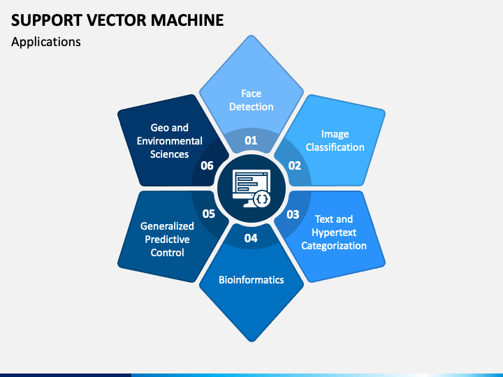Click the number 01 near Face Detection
[x=251, y=140]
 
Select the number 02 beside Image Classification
[x=294, y=165]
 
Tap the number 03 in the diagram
[x=293, y=214]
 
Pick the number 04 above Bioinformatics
[x=251, y=238]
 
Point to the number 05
[x=208, y=214]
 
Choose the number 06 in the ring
[x=207, y=165]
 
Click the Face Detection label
[x=251, y=100]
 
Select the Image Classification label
[x=335, y=140]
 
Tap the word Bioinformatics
[x=251, y=280]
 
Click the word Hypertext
[x=334, y=232]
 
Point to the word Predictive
[x=167, y=239]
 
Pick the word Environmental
[x=170, y=141]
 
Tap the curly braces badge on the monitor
[x=262, y=199]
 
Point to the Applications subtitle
[x=46, y=42]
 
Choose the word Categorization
[x=334, y=246]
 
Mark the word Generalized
[x=167, y=226]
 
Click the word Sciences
[x=170, y=154]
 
